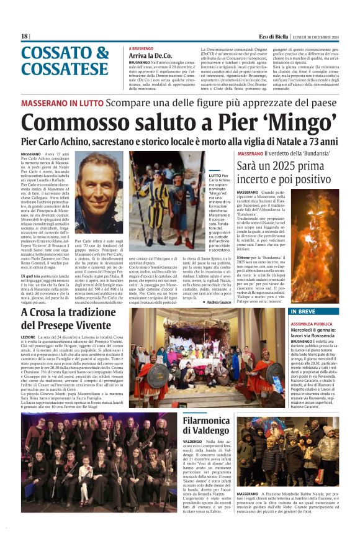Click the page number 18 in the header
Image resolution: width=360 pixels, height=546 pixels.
pos(24,37)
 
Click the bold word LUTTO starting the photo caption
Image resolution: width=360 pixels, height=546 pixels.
pos(215,176)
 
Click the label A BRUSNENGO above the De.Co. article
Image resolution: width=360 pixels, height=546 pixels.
pos(141,48)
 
